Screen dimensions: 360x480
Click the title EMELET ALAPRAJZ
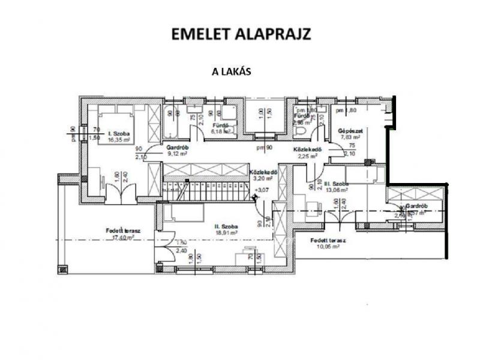tap(241, 34)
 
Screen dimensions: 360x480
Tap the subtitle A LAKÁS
tap(231, 70)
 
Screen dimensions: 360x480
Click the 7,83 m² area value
tap(349, 137)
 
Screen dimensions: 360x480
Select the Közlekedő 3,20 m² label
tap(262, 175)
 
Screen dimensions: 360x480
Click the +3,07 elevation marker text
tap(262, 190)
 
